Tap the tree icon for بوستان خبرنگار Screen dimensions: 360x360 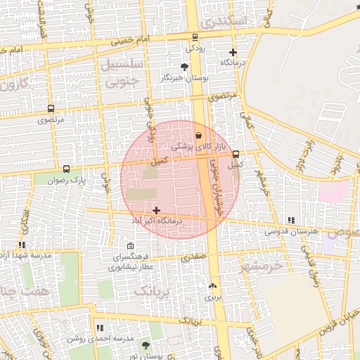[x=184, y=67]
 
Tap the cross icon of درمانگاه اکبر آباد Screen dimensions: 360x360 [x=155, y=210]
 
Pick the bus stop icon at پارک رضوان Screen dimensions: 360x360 [x=66, y=169]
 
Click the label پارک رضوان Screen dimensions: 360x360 [x=67, y=180]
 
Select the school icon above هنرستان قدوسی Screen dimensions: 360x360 [x=291, y=220]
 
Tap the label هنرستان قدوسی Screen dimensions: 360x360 [x=291, y=231]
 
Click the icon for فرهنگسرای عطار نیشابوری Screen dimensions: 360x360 [x=131, y=245]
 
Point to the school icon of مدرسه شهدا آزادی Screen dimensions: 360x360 [x=22, y=245]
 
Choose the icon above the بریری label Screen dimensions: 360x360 [x=213, y=285]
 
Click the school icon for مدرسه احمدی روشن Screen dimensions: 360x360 [x=99, y=327]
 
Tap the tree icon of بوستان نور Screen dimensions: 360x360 [x=146, y=345]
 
